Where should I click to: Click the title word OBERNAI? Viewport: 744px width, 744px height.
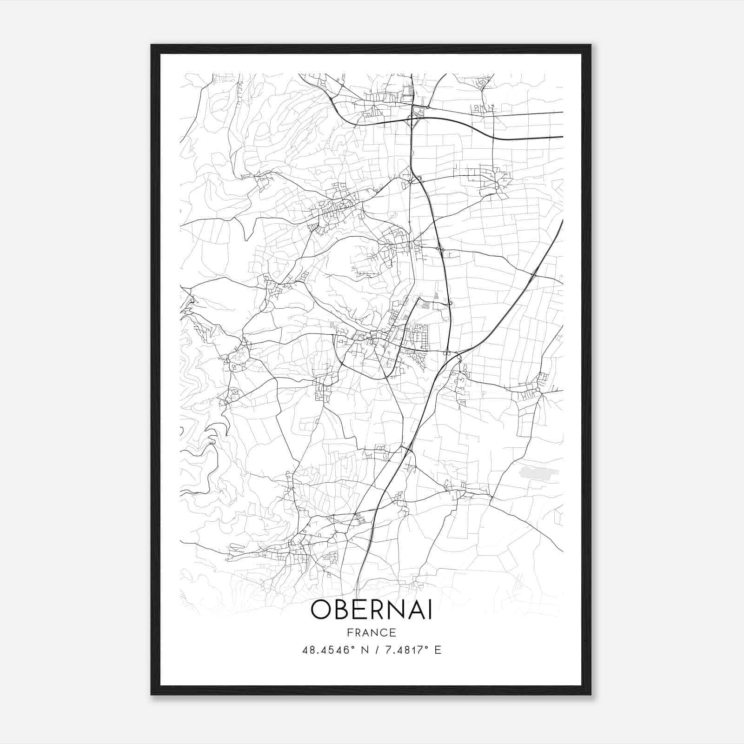click(372, 610)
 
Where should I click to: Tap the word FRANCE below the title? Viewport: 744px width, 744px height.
click(372, 632)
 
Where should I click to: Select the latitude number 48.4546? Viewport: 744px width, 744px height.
click(324, 650)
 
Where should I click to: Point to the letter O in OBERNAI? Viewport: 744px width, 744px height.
click(321, 610)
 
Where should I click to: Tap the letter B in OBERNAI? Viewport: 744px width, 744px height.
click(342, 610)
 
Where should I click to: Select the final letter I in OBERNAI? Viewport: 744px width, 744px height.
click(430, 610)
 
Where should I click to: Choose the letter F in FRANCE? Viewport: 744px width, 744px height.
click(350, 632)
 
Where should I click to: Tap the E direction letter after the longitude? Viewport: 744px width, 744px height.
click(438, 650)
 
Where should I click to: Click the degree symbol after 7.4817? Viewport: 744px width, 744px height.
click(426, 647)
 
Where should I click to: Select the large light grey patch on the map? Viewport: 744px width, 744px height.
click(539, 473)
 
